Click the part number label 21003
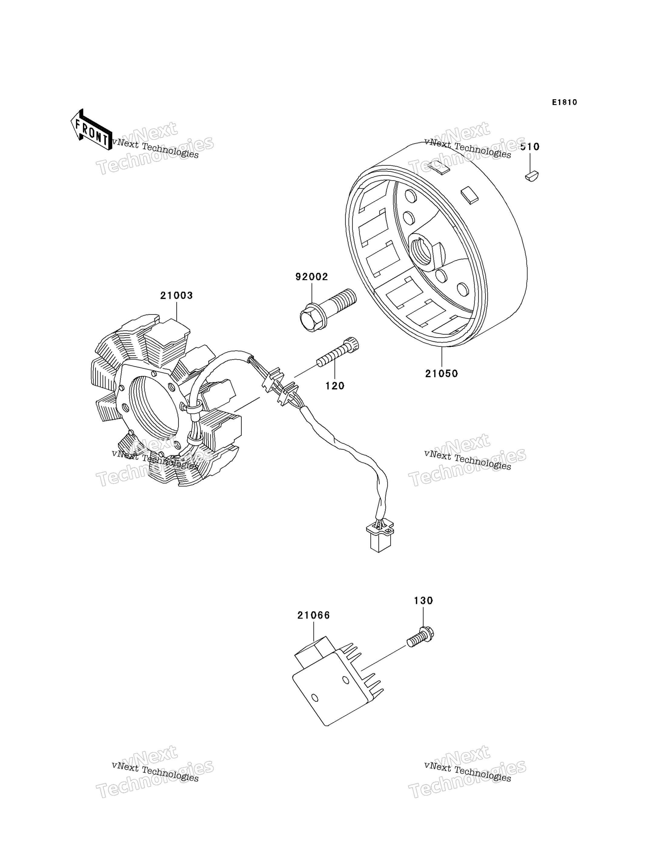coord(176,295)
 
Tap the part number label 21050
coord(441,374)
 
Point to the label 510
coord(530,147)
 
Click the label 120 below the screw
coord(335,386)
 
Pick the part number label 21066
coord(314,616)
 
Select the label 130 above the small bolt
coord(423,601)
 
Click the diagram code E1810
coord(564,102)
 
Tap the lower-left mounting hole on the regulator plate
coord(315,698)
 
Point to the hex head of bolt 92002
coord(311,319)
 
